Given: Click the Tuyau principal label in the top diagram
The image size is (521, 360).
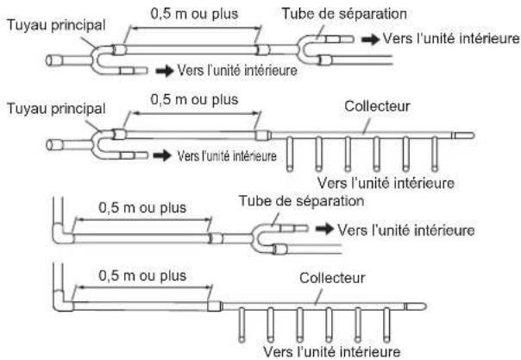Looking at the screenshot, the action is tap(56, 26).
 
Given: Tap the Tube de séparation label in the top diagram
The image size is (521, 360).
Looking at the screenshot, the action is tap(344, 14).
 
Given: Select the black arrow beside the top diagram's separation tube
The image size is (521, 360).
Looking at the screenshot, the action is tap(371, 40).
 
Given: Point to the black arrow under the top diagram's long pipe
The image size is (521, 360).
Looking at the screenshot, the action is tap(165, 71).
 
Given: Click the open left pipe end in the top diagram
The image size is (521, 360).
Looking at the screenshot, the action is tap(50, 60).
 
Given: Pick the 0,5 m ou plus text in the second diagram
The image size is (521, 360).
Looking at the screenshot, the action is tap(194, 99).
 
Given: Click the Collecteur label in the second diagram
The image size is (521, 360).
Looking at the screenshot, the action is tap(377, 106).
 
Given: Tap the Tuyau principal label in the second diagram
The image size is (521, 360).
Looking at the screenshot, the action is tap(56, 109).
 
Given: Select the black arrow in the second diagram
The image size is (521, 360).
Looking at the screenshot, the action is tap(162, 155).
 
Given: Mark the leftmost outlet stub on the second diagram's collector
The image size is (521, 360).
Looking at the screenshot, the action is tap(290, 154).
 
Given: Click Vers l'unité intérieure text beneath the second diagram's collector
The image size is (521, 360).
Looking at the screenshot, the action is tap(386, 183).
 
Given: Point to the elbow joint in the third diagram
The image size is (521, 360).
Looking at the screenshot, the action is tap(61, 233).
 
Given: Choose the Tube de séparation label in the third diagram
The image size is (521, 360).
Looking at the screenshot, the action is tap(301, 201).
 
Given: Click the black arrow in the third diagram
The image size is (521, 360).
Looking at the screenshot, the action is tap(324, 229).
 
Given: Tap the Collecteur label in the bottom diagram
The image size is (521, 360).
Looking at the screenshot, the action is tap(332, 278).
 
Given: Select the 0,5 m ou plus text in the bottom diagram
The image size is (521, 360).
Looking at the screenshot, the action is tap(142, 275).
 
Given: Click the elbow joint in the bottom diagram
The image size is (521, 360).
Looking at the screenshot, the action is tap(62, 301).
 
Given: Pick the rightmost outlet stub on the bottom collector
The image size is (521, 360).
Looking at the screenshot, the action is tap(386, 325).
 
